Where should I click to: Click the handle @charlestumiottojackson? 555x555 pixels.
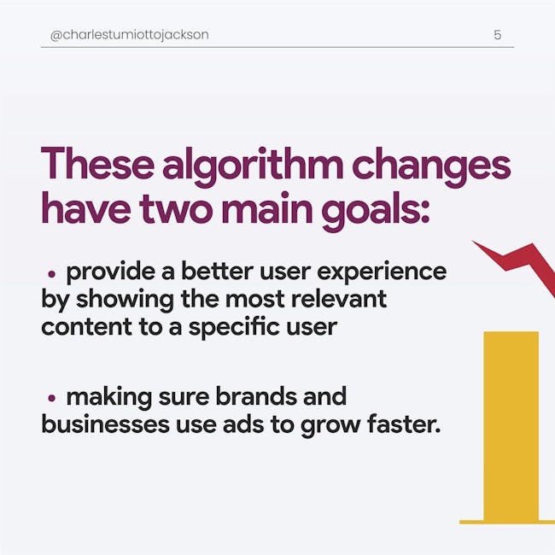pyautogui.click(x=130, y=35)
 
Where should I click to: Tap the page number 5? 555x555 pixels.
pyautogui.click(x=497, y=35)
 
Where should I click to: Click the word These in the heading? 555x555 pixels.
pyautogui.click(x=97, y=163)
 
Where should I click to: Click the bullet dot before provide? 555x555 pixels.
pyautogui.click(x=52, y=273)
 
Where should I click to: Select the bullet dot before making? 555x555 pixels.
pyautogui.click(x=52, y=398)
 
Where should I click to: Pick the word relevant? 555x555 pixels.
pyautogui.click(x=339, y=299)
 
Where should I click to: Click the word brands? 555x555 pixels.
pyautogui.click(x=256, y=396)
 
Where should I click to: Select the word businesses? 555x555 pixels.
pyautogui.click(x=106, y=424)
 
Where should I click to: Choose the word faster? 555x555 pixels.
pyautogui.click(x=404, y=424)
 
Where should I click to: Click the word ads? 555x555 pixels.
pyautogui.click(x=243, y=424)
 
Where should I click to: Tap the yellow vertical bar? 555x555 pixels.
pyautogui.click(x=511, y=426)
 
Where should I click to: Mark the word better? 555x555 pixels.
pyautogui.click(x=217, y=272)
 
